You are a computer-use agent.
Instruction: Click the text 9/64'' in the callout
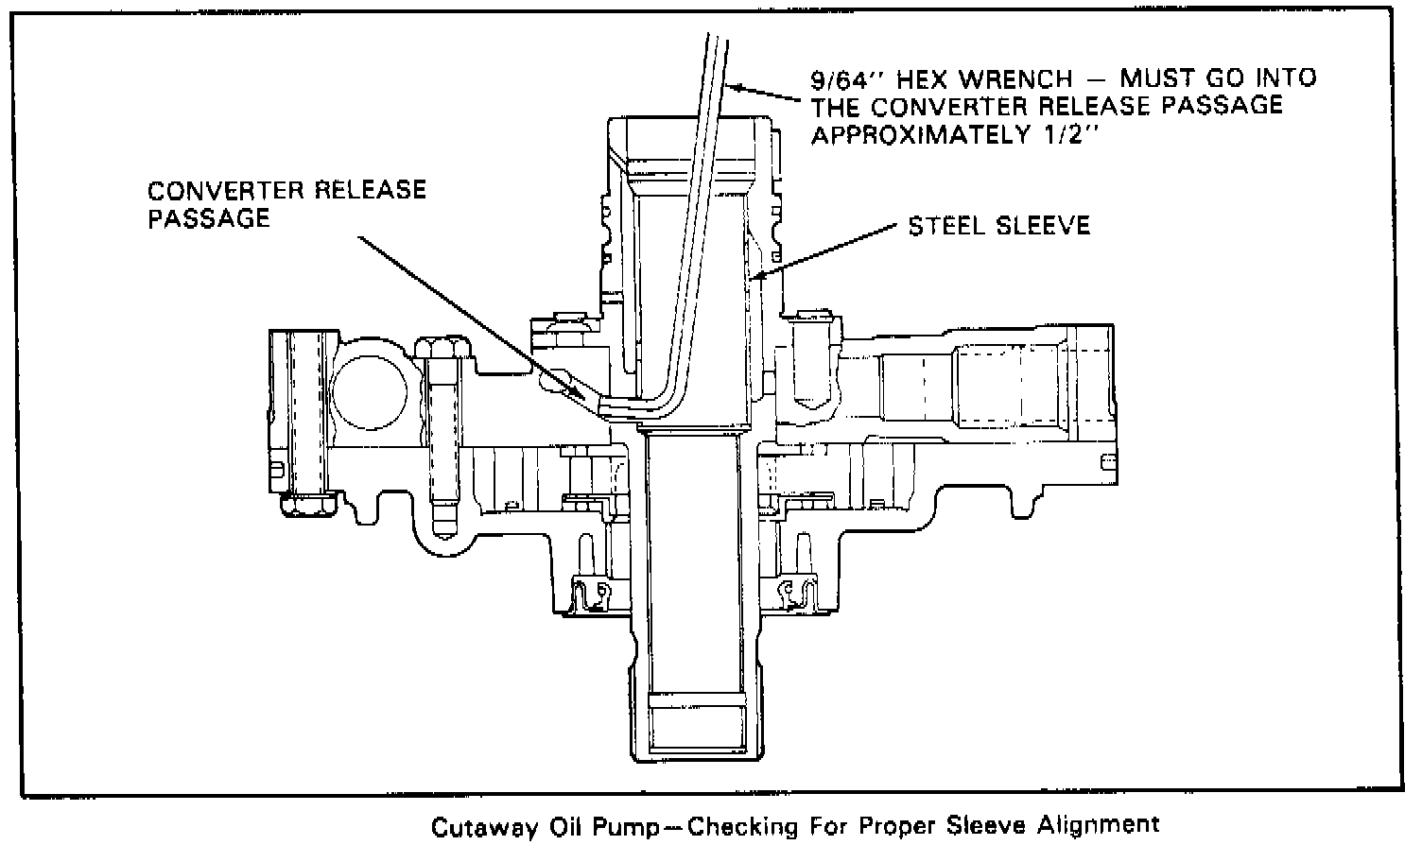(844, 78)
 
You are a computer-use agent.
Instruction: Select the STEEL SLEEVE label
(999, 226)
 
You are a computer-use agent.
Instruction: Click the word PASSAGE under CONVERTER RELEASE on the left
(209, 219)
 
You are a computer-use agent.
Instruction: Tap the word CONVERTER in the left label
(223, 191)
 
